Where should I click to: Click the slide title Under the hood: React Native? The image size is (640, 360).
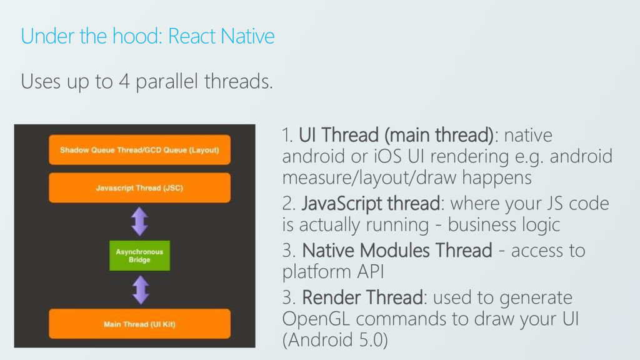pos(147,36)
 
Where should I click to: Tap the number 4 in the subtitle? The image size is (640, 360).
pos(124,81)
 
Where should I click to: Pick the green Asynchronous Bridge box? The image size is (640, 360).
pos(139,256)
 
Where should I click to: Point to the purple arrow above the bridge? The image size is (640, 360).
pos(139,221)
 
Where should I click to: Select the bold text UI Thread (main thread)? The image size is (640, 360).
pos(396,135)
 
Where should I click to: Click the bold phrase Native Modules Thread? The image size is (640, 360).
pos(397,251)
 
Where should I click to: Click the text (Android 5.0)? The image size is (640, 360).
pos(334,340)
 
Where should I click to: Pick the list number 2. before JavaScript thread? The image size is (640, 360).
pos(290,204)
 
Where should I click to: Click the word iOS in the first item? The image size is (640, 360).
pos(387,156)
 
